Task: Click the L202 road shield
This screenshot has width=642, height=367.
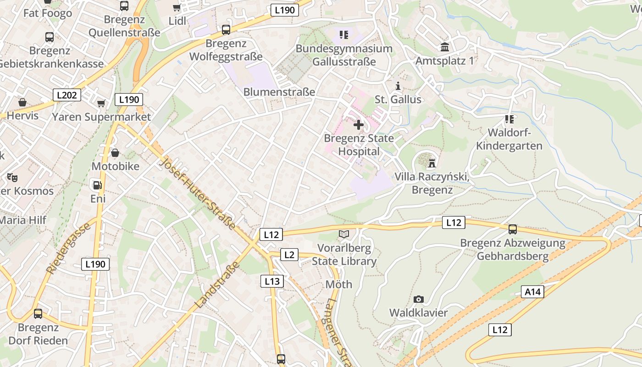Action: click(67, 95)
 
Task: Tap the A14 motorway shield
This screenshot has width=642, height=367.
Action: click(532, 291)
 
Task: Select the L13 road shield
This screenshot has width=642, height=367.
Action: click(272, 281)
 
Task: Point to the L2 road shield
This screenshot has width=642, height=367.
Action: click(289, 255)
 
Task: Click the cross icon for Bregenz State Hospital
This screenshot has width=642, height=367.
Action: click(359, 124)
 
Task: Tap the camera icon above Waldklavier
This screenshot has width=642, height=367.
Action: click(418, 300)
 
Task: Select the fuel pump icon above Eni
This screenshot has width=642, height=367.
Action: click(97, 185)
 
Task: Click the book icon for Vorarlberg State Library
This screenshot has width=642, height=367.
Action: click(343, 234)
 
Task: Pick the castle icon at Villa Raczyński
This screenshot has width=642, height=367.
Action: click(432, 163)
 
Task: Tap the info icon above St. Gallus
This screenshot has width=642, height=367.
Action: click(398, 86)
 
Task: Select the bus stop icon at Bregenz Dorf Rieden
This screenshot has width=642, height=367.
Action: click(38, 314)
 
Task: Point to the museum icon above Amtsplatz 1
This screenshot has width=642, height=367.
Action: click(444, 47)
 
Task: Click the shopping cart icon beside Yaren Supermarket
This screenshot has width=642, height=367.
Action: click(101, 103)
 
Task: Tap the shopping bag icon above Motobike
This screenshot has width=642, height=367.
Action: click(115, 152)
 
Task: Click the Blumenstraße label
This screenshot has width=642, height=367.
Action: click(279, 92)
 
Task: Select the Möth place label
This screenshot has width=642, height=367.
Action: click(339, 284)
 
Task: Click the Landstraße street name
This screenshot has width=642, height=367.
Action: click(217, 285)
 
